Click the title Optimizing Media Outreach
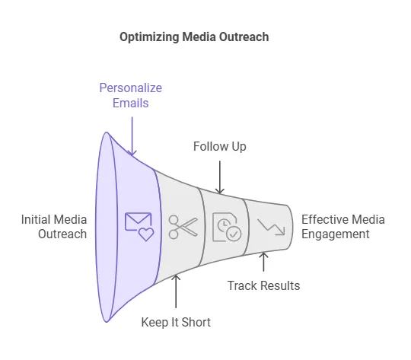pos(194,37)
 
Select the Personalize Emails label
pos(131,95)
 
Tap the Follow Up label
pos(220,147)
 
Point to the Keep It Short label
pos(176,322)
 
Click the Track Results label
pos(263,285)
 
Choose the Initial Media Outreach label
pos(54,227)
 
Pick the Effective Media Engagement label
pos(343,227)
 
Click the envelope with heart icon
pos(139,227)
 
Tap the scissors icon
pos(183,227)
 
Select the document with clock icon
pos(227,227)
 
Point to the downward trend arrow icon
pos(271,227)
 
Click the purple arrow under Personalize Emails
pos(132,136)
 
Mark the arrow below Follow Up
pos(220,177)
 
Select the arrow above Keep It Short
pos(176,292)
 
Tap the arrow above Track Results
pos(263,262)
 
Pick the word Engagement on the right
pos(336,234)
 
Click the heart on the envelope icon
pos(146,234)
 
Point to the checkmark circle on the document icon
pos(234,234)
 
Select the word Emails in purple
pos(131,103)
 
